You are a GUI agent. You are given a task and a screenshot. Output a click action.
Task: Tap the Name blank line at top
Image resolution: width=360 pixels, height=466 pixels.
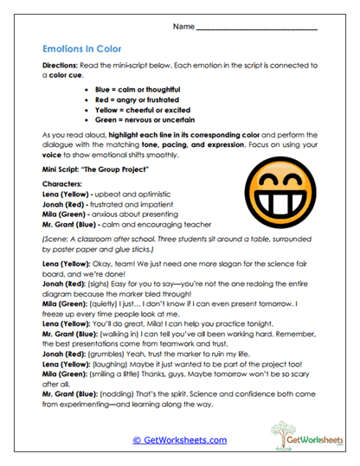click(x=257, y=29)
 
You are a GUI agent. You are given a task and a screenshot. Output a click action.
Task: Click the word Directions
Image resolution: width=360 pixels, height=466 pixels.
click(x=59, y=65)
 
